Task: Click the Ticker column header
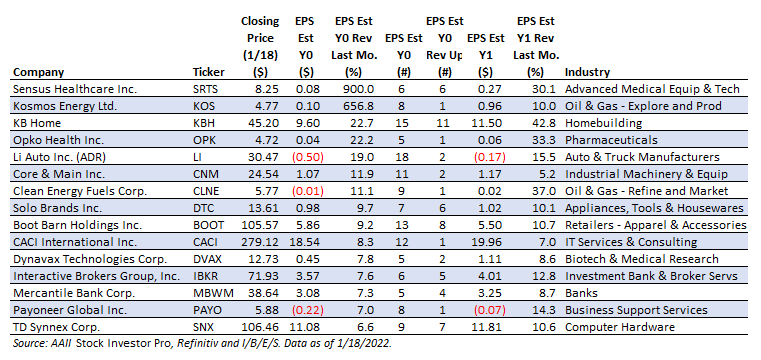(x=209, y=72)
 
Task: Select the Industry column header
(x=587, y=72)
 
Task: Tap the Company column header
(x=38, y=73)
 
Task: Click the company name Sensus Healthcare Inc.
(x=75, y=89)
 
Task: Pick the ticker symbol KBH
(x=203, y=123)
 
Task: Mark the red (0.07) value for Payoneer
(x=489, y=310)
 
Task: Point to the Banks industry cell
(x=581, y=293)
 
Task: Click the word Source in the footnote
(x=28, y=344)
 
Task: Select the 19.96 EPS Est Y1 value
(x=491, y=242)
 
